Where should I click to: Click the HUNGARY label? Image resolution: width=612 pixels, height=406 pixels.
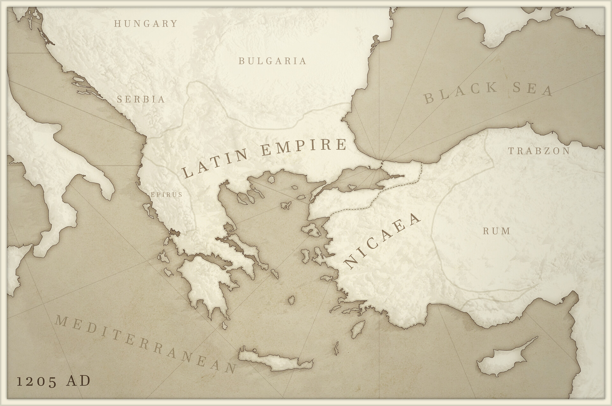coord(146,24)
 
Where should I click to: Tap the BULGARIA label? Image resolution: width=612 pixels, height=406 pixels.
coord(273,61)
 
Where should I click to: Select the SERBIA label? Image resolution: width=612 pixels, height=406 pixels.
coord(141,99)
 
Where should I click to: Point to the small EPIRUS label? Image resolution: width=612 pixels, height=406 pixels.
coord(166,194)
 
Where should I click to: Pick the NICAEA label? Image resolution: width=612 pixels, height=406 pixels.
coord(382,242)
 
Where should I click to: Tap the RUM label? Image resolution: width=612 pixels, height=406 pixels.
coord(497,231)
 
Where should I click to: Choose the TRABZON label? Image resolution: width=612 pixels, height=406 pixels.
coord(539,151)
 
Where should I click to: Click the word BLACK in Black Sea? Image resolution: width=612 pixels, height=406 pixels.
coord(461,93)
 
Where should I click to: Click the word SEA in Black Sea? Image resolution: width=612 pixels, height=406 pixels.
coord(532,89)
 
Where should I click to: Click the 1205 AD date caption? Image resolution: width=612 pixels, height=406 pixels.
coord(53,381)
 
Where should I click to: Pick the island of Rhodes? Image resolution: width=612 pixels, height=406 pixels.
coord(358,329)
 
